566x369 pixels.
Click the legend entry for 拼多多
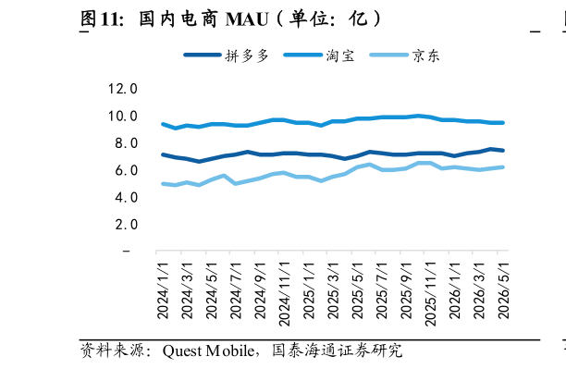(227, 55)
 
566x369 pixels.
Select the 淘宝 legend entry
(319, 55)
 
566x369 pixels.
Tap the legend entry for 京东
(405, 55)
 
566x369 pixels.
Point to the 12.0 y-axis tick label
(123, 89)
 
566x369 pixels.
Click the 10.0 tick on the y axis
(123, 117)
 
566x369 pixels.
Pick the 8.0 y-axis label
(127, 143)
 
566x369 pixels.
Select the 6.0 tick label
(127, 170)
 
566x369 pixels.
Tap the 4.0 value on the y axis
(127, 198)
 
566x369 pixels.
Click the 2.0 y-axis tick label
(127, 225)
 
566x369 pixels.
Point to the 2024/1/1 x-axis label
(163, 290)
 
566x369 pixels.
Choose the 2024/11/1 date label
(285, 294)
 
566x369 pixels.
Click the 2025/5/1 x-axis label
(357, 290)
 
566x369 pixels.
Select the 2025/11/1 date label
(430, 294)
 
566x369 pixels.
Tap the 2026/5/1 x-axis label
(503, 290)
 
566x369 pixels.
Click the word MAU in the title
(247, 19)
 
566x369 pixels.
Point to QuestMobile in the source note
(208, 351)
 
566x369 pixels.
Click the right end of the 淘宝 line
(503, 123)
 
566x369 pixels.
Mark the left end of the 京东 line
(163, 184)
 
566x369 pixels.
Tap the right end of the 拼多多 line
(503, 150)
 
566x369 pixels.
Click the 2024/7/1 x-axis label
(236, 290)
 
